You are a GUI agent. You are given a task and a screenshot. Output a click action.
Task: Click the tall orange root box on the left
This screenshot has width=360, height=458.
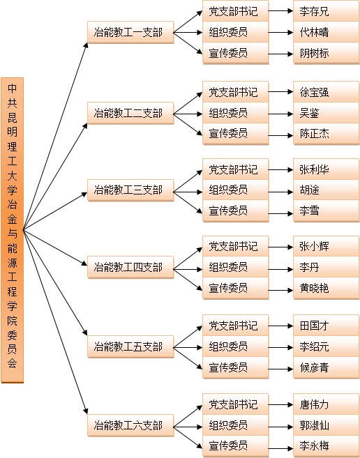point(13,230)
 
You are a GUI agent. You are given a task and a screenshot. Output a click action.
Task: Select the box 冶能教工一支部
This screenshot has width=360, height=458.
point(130,32)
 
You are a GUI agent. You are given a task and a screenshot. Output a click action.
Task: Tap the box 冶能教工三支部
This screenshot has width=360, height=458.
point(130,190)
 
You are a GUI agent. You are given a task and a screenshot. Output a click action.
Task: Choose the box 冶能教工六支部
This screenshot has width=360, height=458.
point(130,425)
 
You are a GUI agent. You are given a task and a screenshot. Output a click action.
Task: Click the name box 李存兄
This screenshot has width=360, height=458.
point(326,11)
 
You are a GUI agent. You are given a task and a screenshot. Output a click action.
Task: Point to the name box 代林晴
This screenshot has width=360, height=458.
point(326,32)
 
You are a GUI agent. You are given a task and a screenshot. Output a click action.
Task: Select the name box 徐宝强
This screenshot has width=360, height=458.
point(326,92)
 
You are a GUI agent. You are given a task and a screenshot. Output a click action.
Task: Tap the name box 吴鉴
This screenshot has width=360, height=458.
point(326,113)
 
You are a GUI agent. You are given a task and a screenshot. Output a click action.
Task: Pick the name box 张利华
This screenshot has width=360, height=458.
point(326,169)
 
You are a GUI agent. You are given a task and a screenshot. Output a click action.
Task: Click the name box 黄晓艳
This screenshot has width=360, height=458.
point(326,288)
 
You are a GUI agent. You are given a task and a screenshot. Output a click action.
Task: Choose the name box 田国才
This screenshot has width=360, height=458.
point(326,326)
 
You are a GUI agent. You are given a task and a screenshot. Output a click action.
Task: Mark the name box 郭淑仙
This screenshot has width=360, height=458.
point(326,425)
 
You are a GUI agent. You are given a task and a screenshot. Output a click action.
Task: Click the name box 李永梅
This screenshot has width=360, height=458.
point(326,446)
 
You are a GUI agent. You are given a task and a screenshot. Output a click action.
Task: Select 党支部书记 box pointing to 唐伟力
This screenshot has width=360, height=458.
point(235,404)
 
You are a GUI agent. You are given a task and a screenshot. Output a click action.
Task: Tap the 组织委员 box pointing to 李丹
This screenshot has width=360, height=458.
point(235,267)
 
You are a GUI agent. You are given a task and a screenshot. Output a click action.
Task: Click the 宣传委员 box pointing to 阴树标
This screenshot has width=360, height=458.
point(235,53)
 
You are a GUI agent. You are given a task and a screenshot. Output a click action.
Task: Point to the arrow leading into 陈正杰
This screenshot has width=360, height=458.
point(280,135)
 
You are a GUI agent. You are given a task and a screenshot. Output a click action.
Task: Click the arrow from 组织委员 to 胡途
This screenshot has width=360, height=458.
point(280,192)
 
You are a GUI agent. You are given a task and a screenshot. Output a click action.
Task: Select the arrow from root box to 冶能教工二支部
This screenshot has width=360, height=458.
point(56,176)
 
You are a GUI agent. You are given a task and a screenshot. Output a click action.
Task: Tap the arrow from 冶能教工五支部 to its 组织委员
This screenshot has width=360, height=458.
point(188,347)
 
